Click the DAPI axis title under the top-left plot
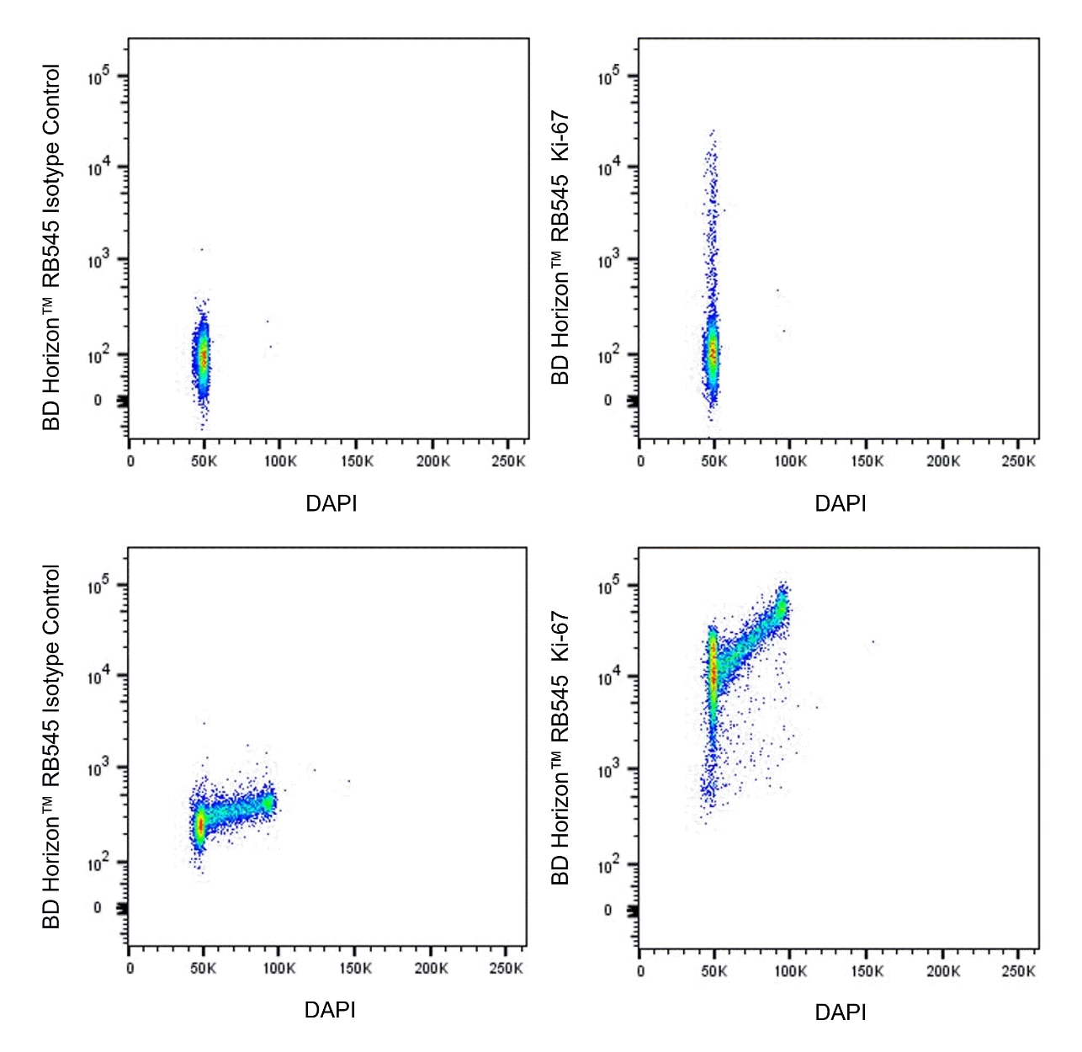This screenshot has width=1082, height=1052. pyautogui.click(x=331, y=503)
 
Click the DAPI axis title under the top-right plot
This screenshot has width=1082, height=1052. pyautogui.click(x=840, y=503)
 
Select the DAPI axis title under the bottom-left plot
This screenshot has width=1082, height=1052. pyautogui.click(x=330, y=1009)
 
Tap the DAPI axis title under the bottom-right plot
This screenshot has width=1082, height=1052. pyautogui.click(x=840, y=1012)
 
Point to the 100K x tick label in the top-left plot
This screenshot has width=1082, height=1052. pyautogui.click(x=279, y=461)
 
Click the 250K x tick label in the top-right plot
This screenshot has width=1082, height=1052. pyautogui.click(x=1018, y=461)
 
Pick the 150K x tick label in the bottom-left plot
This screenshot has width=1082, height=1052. pyautogui.click(x=355, y=968)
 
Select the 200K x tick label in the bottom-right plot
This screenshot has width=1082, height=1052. pyautogui.click(x=942, y=971)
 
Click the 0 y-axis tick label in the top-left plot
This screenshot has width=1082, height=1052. pyautogui.click(x=98, y=401)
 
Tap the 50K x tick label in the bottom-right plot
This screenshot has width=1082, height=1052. pyautogui.click(x=713, y=971)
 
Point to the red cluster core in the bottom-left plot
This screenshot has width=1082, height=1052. pyautogui.click(x=200, y=825)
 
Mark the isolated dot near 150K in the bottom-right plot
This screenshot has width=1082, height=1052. pyautogui.click(x=872, y=642)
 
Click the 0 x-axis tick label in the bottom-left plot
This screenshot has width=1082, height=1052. pyautogui.click(x=130, y=968)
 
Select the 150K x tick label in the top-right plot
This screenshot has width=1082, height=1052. pyautogui.click(x=867, y=461)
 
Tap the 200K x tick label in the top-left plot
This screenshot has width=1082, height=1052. pyautogui.click(x=432, y=461)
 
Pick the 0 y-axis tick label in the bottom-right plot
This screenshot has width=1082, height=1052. pyautogui.click(x=607, y=910)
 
